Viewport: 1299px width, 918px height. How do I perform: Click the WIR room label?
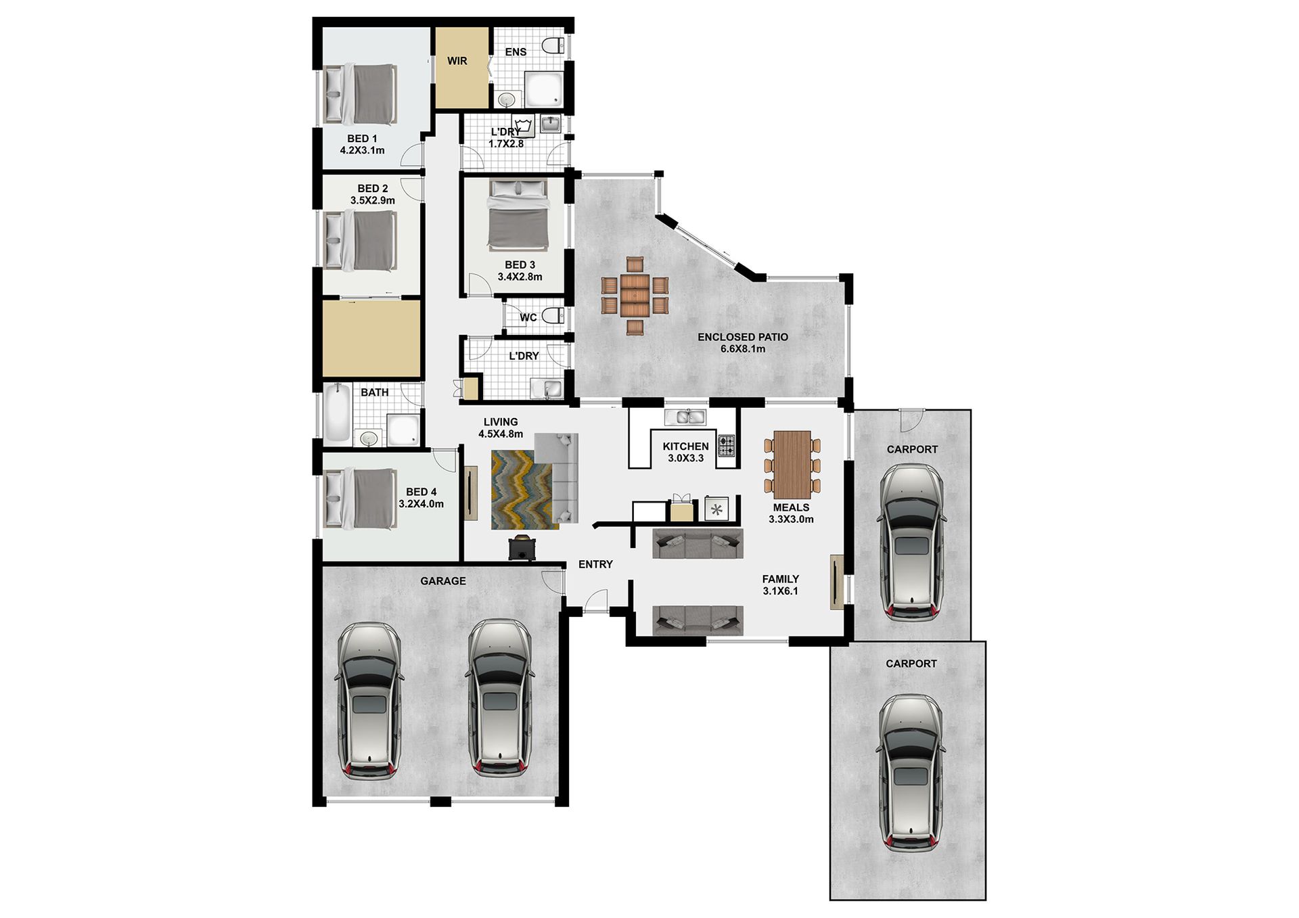point(457,61)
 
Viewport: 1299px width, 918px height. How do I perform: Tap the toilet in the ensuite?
point(554,46)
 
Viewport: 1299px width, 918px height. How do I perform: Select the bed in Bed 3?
point(518,214)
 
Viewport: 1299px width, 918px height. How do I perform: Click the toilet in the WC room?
point(553,316)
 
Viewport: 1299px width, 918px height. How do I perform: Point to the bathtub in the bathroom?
point(337,413)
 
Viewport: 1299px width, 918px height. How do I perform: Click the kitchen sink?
point(685,417)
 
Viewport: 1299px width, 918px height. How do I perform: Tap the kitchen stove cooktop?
point(726,445)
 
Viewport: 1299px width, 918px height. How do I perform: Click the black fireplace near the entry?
point(522,547)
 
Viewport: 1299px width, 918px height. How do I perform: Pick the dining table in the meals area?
point(792,465)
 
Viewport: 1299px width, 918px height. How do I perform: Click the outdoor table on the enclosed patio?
point(635,296)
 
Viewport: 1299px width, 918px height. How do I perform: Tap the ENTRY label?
point(595,564)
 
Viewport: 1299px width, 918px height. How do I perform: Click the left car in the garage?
point(369,701)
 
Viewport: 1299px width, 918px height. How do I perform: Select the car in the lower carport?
point(910,773)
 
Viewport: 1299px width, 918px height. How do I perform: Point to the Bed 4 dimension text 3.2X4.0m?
point(421,504)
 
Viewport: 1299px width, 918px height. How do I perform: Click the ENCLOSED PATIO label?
point(743,337)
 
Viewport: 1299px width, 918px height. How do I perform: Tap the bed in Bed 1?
point(359,94)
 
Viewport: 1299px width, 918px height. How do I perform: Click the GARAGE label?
point(443,581)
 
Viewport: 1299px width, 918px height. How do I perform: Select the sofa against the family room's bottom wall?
point(698,620)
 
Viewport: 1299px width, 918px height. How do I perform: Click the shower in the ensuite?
point(545,90)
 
